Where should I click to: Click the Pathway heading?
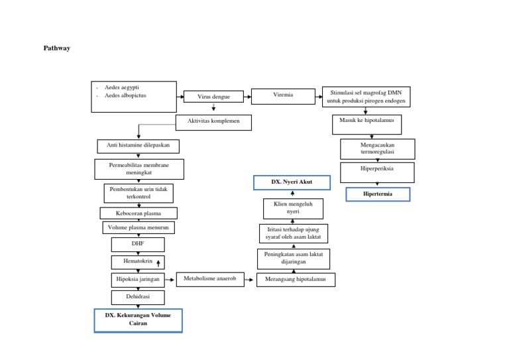[56, 48]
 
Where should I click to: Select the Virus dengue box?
[213, 97]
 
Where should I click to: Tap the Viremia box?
[282, 95]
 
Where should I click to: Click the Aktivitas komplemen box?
[213, 121]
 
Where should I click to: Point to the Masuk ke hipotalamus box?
[367, 121]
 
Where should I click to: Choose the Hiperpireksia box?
[377, 169]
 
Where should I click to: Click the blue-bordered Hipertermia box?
[378, 194]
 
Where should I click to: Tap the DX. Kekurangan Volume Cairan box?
[138, 320]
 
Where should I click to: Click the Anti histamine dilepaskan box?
[138, 145]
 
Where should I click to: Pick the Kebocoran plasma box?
[139, 213]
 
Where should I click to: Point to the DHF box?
[138, 244]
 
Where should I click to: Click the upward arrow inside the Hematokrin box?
[158, 263]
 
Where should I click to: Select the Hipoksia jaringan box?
[138, 280]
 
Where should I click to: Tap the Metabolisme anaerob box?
[210, 279]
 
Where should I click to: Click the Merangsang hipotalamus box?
[295, 280]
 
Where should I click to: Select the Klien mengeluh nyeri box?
[293, 208]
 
